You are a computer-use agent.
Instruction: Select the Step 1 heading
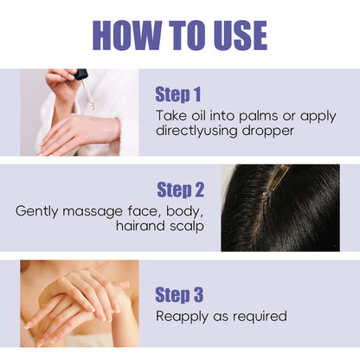[177, 94]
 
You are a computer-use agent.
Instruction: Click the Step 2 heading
[180, 190]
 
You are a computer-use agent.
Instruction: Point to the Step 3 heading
[179, 295]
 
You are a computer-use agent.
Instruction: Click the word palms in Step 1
[258, 117]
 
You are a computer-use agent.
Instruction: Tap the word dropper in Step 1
[267, 132]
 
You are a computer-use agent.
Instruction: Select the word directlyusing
[196, 132]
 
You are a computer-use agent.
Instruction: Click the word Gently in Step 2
[36, 212]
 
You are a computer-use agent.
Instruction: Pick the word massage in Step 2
[93, 212]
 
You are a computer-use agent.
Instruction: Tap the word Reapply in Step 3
[182, 317]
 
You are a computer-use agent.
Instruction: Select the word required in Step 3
[260, 317]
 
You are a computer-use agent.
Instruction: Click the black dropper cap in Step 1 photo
[81, 74]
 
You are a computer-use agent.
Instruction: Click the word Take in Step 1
[171, 116]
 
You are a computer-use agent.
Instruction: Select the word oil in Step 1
[198, 116]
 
